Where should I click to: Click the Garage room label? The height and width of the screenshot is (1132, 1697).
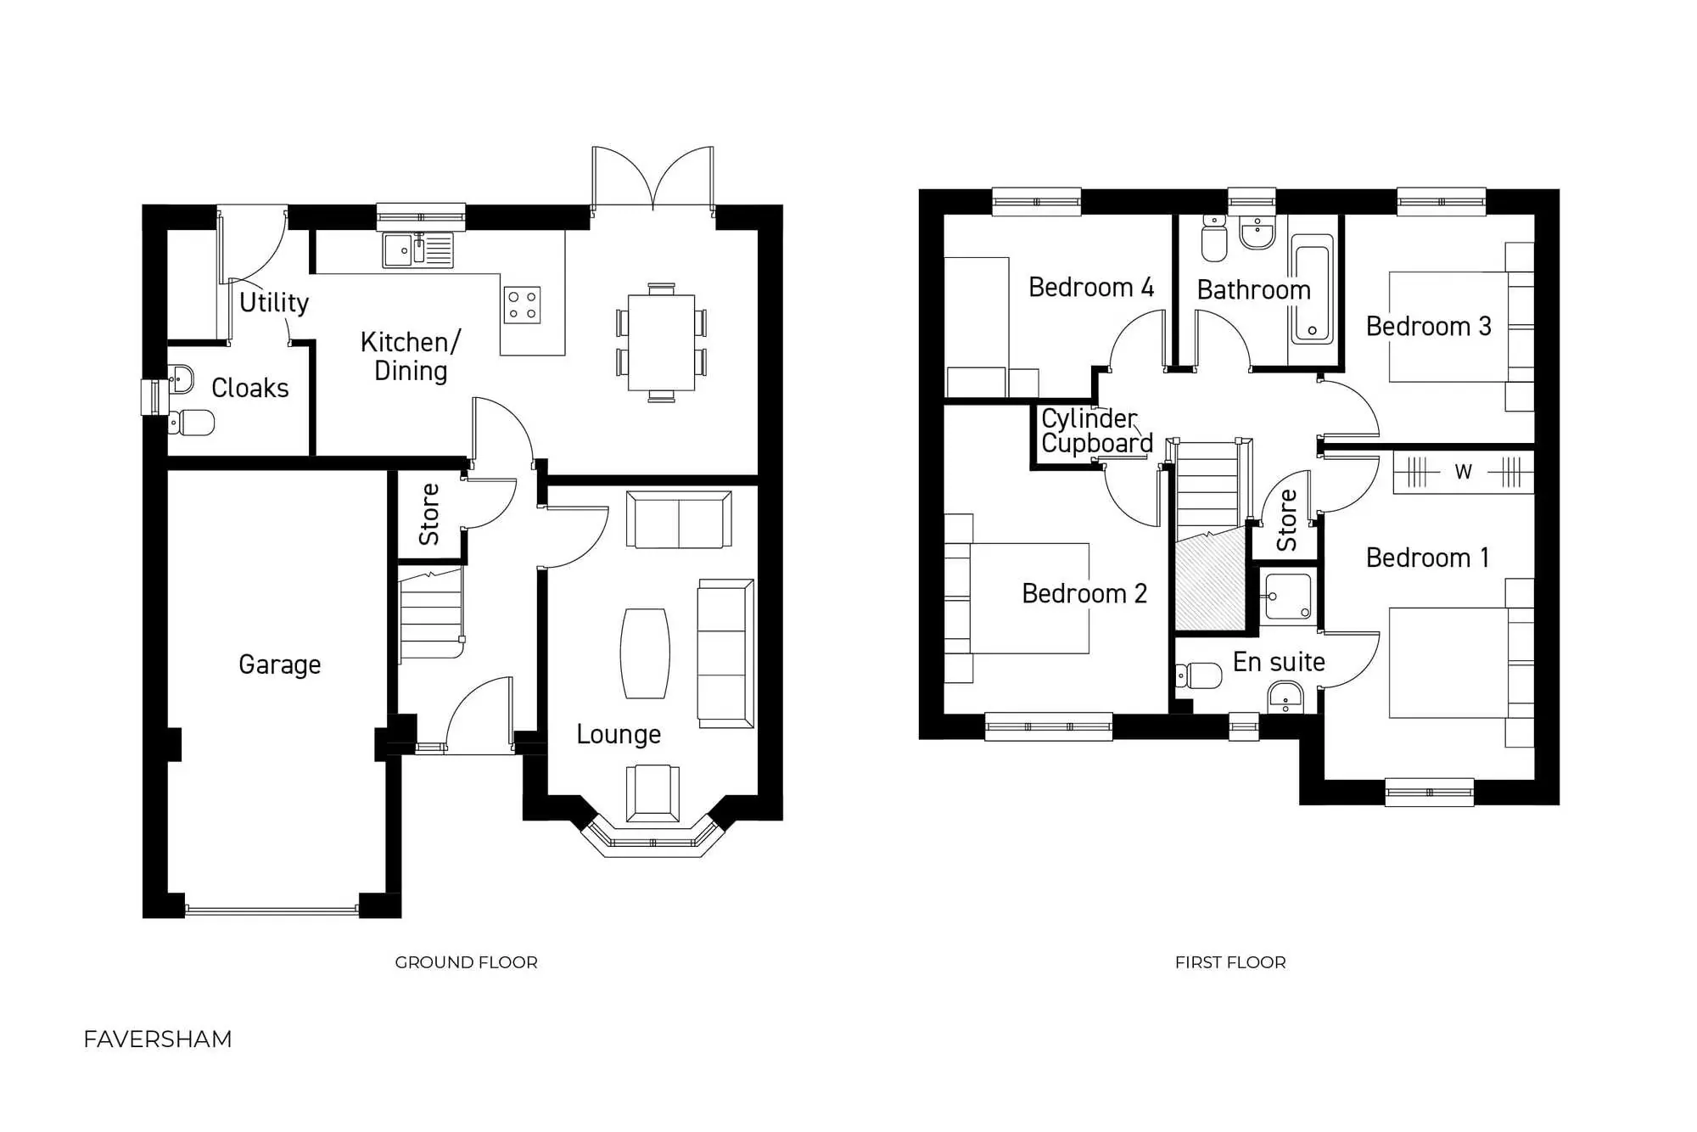(x=279, y=664)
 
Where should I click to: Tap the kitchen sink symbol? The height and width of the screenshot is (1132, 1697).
(x=417, y=250)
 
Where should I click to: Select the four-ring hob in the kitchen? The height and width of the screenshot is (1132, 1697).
(x=522, y=305)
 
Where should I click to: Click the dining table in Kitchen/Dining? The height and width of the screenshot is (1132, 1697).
(x=661, y=342)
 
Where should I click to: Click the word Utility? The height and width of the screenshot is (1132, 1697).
(x=273, y=302)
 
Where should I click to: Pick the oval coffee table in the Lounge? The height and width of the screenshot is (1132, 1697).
(x=645, y=653)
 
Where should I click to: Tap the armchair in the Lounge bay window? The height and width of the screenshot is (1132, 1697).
(x=652, y=793)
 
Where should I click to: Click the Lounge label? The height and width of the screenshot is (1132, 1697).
(x=618, y=734)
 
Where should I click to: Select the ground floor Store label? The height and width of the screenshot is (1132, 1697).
(x=429, y=514)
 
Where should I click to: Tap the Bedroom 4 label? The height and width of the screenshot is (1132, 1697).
(x=1090, y=288)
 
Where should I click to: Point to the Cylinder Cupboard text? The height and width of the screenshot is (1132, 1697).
(x=1095, y=431)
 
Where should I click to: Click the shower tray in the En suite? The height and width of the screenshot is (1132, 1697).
(x=1287, y=597)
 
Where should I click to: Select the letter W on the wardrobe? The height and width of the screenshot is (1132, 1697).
(x=1463, y=472)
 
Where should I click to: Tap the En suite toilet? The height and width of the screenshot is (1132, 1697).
(x=1200, y=675)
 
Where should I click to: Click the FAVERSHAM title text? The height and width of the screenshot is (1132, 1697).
(x=158, y=1039)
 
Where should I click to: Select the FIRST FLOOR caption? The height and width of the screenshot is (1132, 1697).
(x=1229, y=962)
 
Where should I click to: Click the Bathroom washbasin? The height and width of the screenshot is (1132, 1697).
(x=1257, y=233)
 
